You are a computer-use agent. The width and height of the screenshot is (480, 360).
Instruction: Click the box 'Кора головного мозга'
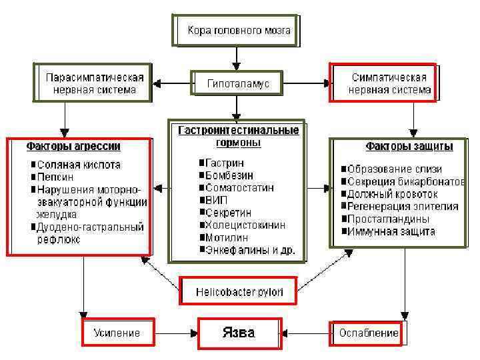(x=234, y=31)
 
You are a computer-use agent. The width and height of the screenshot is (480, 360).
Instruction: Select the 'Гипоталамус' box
(x=238, y=84)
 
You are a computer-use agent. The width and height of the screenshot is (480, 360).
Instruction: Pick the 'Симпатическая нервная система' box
(x=383, y=83)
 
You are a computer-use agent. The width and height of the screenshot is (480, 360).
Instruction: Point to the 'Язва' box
(x=239, y=333)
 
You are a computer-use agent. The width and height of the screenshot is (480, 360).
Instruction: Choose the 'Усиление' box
(x=117, y=333)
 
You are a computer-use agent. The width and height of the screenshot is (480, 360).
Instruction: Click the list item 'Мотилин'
(x=227, y=237)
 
